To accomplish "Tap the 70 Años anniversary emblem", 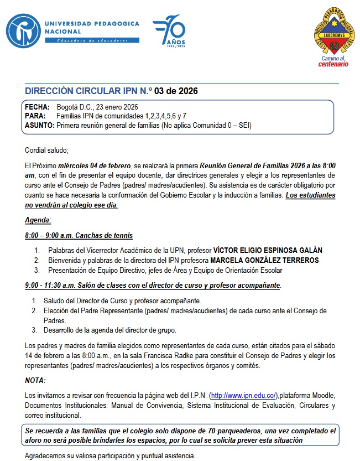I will [x=169, y=32].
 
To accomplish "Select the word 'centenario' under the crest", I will [x=333, y=64].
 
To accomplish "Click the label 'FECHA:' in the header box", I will [x=37, y=107].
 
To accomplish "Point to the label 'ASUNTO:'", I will [x=40, y=125].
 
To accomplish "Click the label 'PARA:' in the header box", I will [x=35, y=116].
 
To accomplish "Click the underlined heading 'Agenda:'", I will [x=38, y=220].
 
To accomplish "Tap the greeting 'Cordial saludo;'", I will [x=46, y=150].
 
